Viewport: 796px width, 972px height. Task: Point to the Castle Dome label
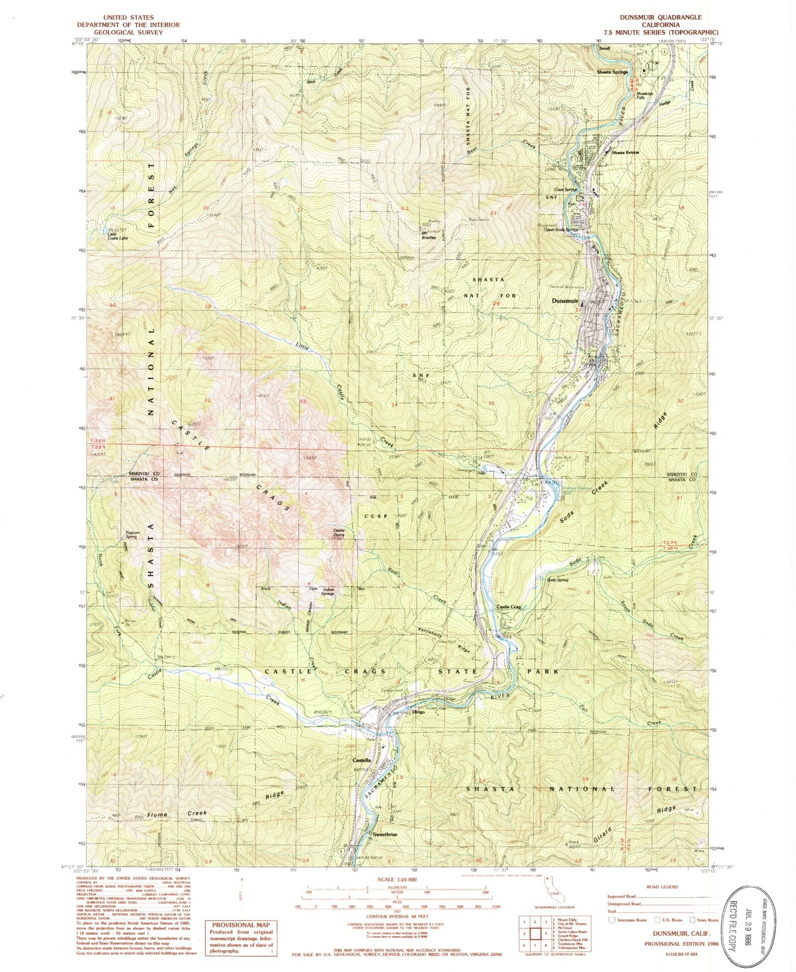click(339, 533)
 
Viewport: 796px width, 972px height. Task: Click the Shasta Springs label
click(613, 72)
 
